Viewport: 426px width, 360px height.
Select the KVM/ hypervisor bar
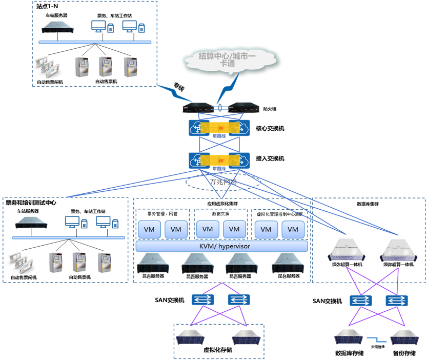click(x=221, y=246)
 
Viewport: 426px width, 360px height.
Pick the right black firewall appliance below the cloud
click(x=244, y=108)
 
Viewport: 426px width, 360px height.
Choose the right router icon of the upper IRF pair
click(x=240, y=128)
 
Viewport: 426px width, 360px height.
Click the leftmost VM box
click(x=150, y=229)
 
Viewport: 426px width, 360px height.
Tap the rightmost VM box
click(x=293, y=229)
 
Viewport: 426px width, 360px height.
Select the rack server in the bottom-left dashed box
click(x=31, y=223)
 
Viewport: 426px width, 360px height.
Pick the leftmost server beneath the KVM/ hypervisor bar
click(x=153, y=263)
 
